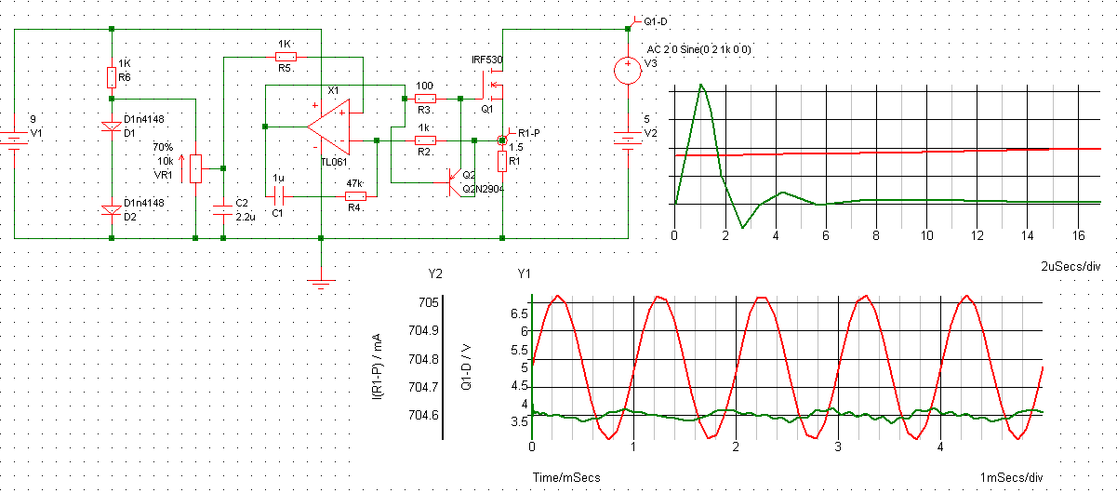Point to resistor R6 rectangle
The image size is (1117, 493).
click(x=112, y=77)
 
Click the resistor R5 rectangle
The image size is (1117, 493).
click(x=286, y=56)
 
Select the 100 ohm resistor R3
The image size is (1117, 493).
click(x=425, y=98)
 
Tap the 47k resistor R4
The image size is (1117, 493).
click(x=355, y=196)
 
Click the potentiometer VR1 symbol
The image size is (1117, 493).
click(x=195, y=168)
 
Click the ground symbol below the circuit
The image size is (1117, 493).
click(x=321, y=284)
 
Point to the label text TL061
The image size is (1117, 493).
click(x=333, y=161)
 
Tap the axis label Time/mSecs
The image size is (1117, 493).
click(x=565, y=477)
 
